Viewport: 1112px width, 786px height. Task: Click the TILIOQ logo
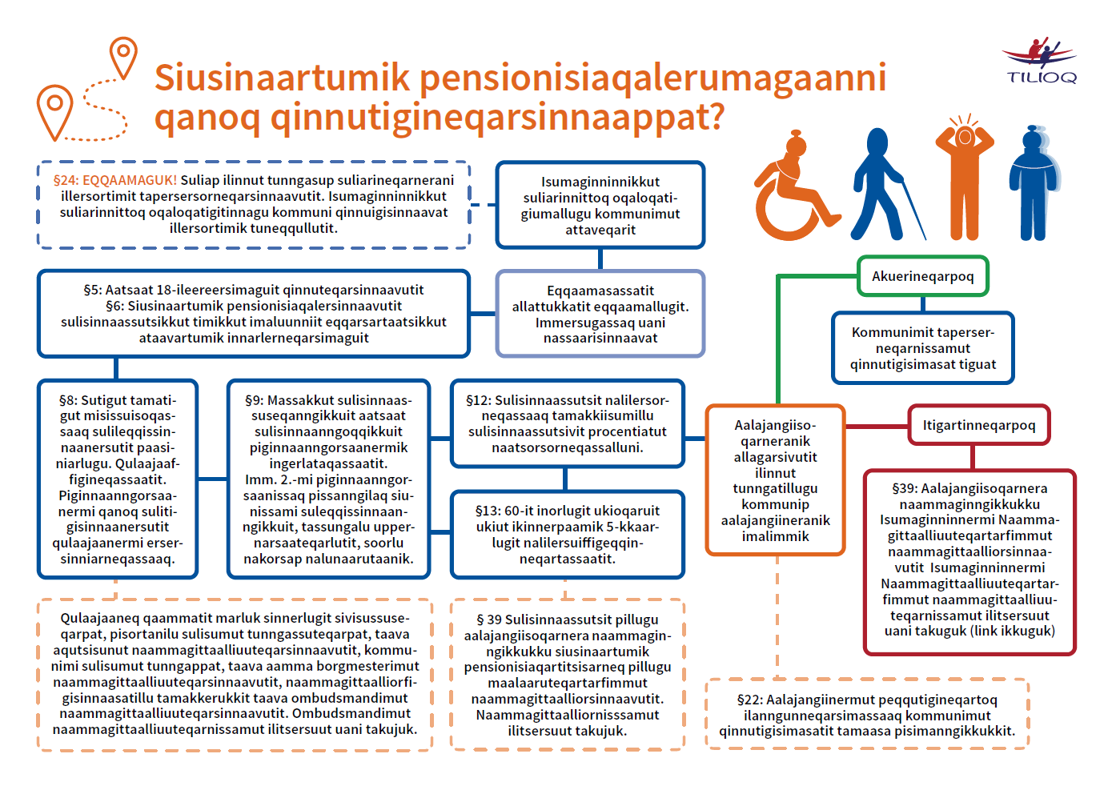click(1040, 62)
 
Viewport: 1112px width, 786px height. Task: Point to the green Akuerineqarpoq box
click(922, 276)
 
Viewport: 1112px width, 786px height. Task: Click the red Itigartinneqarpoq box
click(978, 425)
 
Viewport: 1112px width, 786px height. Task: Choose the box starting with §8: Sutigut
click(118, 479)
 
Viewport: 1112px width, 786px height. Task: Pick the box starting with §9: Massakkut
click(328, 479)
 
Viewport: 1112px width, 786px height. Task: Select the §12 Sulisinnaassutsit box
click(568, 423)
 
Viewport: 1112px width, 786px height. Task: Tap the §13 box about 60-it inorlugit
click(568, 534)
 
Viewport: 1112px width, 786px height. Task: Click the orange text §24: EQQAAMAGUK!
click(115, 180)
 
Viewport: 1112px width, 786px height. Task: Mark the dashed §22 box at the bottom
click(866, 715)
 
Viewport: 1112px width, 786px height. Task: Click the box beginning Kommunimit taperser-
click(922, 348)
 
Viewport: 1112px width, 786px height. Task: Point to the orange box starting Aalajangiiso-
click(775, 480)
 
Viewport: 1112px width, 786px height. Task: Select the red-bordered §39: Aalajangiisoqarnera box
click(969, 559)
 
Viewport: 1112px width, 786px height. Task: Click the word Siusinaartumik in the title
click(282, 78)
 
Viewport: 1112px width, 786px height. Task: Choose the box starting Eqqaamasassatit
click(600, 314)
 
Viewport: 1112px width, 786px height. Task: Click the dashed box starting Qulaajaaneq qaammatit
click(235, 673)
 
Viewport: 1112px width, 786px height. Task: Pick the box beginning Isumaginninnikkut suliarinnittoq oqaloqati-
click(600, 206)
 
